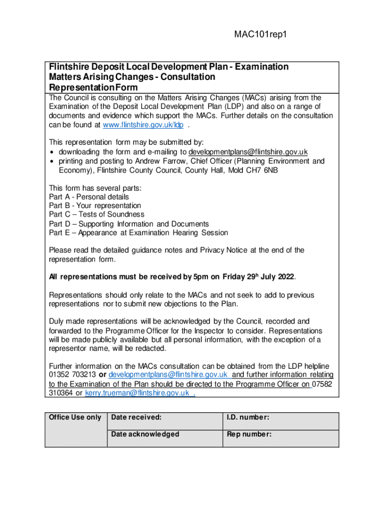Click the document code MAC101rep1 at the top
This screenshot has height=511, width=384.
[x=261, y=34]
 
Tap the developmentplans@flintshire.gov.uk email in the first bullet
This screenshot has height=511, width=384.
[x=248, y=152]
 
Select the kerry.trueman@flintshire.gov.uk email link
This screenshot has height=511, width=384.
[x=137, y=393]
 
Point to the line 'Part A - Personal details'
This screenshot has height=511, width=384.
[x=89, y=197]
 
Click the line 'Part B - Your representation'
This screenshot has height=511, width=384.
[x=95, y=206]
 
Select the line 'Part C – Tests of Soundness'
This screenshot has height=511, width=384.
[x=97, y=215]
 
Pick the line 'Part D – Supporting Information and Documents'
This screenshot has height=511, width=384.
[x=129, y=224]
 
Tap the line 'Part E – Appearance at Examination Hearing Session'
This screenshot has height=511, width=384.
[x=138, y=233]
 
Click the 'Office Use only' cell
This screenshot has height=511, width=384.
[x=75, y=417]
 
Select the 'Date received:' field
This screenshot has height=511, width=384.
[x=136, y=417]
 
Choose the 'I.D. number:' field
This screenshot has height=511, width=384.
[x=248, y=417]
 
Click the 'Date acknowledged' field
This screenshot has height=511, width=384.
[x=145, y=434]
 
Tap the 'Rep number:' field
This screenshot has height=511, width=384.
[x=249, y=434]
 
